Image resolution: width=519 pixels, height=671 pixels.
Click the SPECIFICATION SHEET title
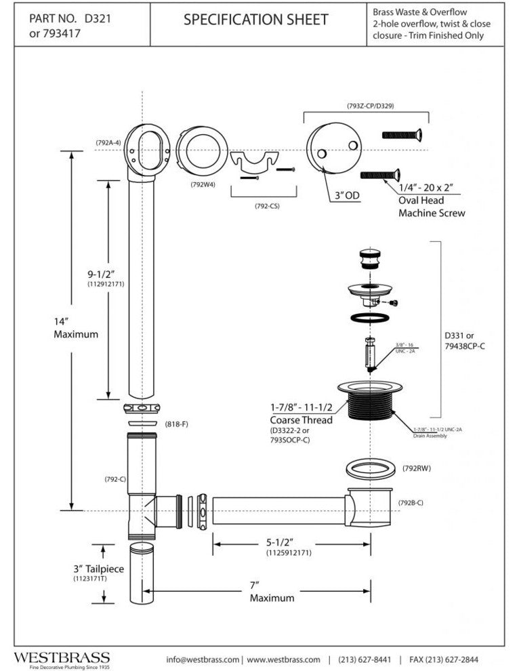point(255,20)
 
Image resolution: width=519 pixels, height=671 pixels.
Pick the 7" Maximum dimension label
point(272,592)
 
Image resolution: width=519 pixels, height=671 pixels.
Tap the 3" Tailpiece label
point(79,569)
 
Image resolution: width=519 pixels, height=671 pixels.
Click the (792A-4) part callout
point(108,142)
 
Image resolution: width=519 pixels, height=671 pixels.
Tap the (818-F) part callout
point(175,424)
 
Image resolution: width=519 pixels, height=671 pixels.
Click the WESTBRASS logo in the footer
point(62,658)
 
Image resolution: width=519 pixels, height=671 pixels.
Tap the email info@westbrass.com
point(203,659)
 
